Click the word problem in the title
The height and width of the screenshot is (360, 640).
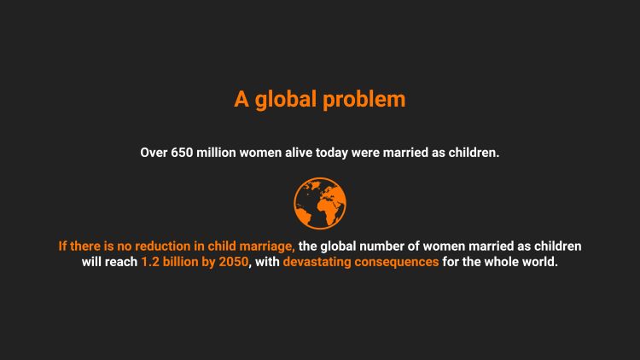point(364,100)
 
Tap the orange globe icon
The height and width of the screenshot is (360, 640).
point(320,203)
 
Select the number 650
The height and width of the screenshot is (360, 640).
point(182,153)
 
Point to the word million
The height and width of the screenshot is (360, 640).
point(217,153)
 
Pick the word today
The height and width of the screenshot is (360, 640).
point(331,154)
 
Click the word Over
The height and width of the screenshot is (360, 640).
point(154,153)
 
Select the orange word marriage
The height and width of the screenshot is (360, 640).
point(267,247)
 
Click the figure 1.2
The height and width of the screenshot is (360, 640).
point(150,262)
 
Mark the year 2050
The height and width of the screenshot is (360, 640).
point(234,262)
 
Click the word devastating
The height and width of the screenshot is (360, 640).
point(317,263)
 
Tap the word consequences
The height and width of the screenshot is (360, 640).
point(396,263)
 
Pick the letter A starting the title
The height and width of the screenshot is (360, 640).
point(241,100)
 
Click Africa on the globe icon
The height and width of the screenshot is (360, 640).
point(328,209)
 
